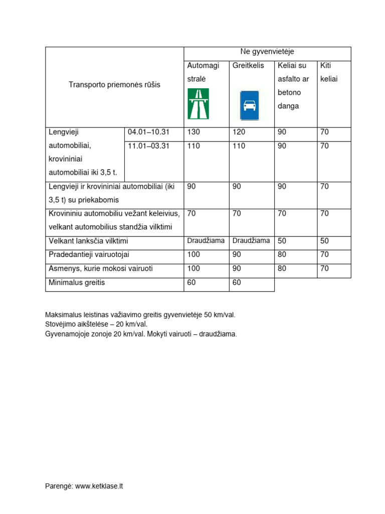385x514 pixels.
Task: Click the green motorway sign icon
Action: click(198, 104)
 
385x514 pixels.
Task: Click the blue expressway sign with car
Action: click(249, 105)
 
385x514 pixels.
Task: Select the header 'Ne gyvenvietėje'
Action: click(267, 52)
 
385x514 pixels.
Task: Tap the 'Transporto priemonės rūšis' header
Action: click(115, 85)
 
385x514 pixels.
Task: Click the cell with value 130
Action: click(193, 132)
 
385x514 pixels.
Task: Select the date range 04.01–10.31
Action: click(149, 132)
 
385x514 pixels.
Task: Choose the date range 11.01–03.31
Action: click(149, 146)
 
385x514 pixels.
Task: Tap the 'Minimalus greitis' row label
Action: click(77, 283)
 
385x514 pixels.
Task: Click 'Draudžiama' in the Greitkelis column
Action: click(251, 240)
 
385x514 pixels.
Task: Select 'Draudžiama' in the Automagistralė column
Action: click(206, 240)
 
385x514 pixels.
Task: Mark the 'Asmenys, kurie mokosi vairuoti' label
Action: click(101, 269)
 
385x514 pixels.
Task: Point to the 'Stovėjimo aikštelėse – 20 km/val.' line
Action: click(96, 324)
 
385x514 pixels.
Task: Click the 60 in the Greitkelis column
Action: click(237, 283)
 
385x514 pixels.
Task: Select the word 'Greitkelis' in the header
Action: click(248, 66)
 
